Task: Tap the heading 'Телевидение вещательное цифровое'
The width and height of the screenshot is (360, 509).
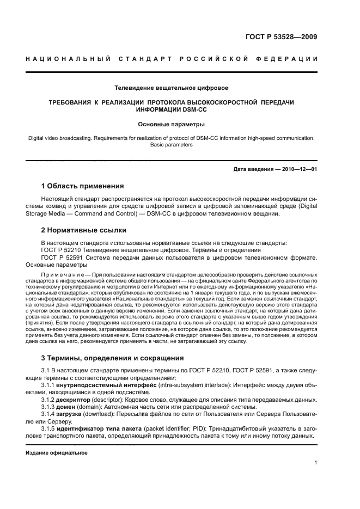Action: tap(171, 88)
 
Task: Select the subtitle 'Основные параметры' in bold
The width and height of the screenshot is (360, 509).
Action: tap(171, 124)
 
